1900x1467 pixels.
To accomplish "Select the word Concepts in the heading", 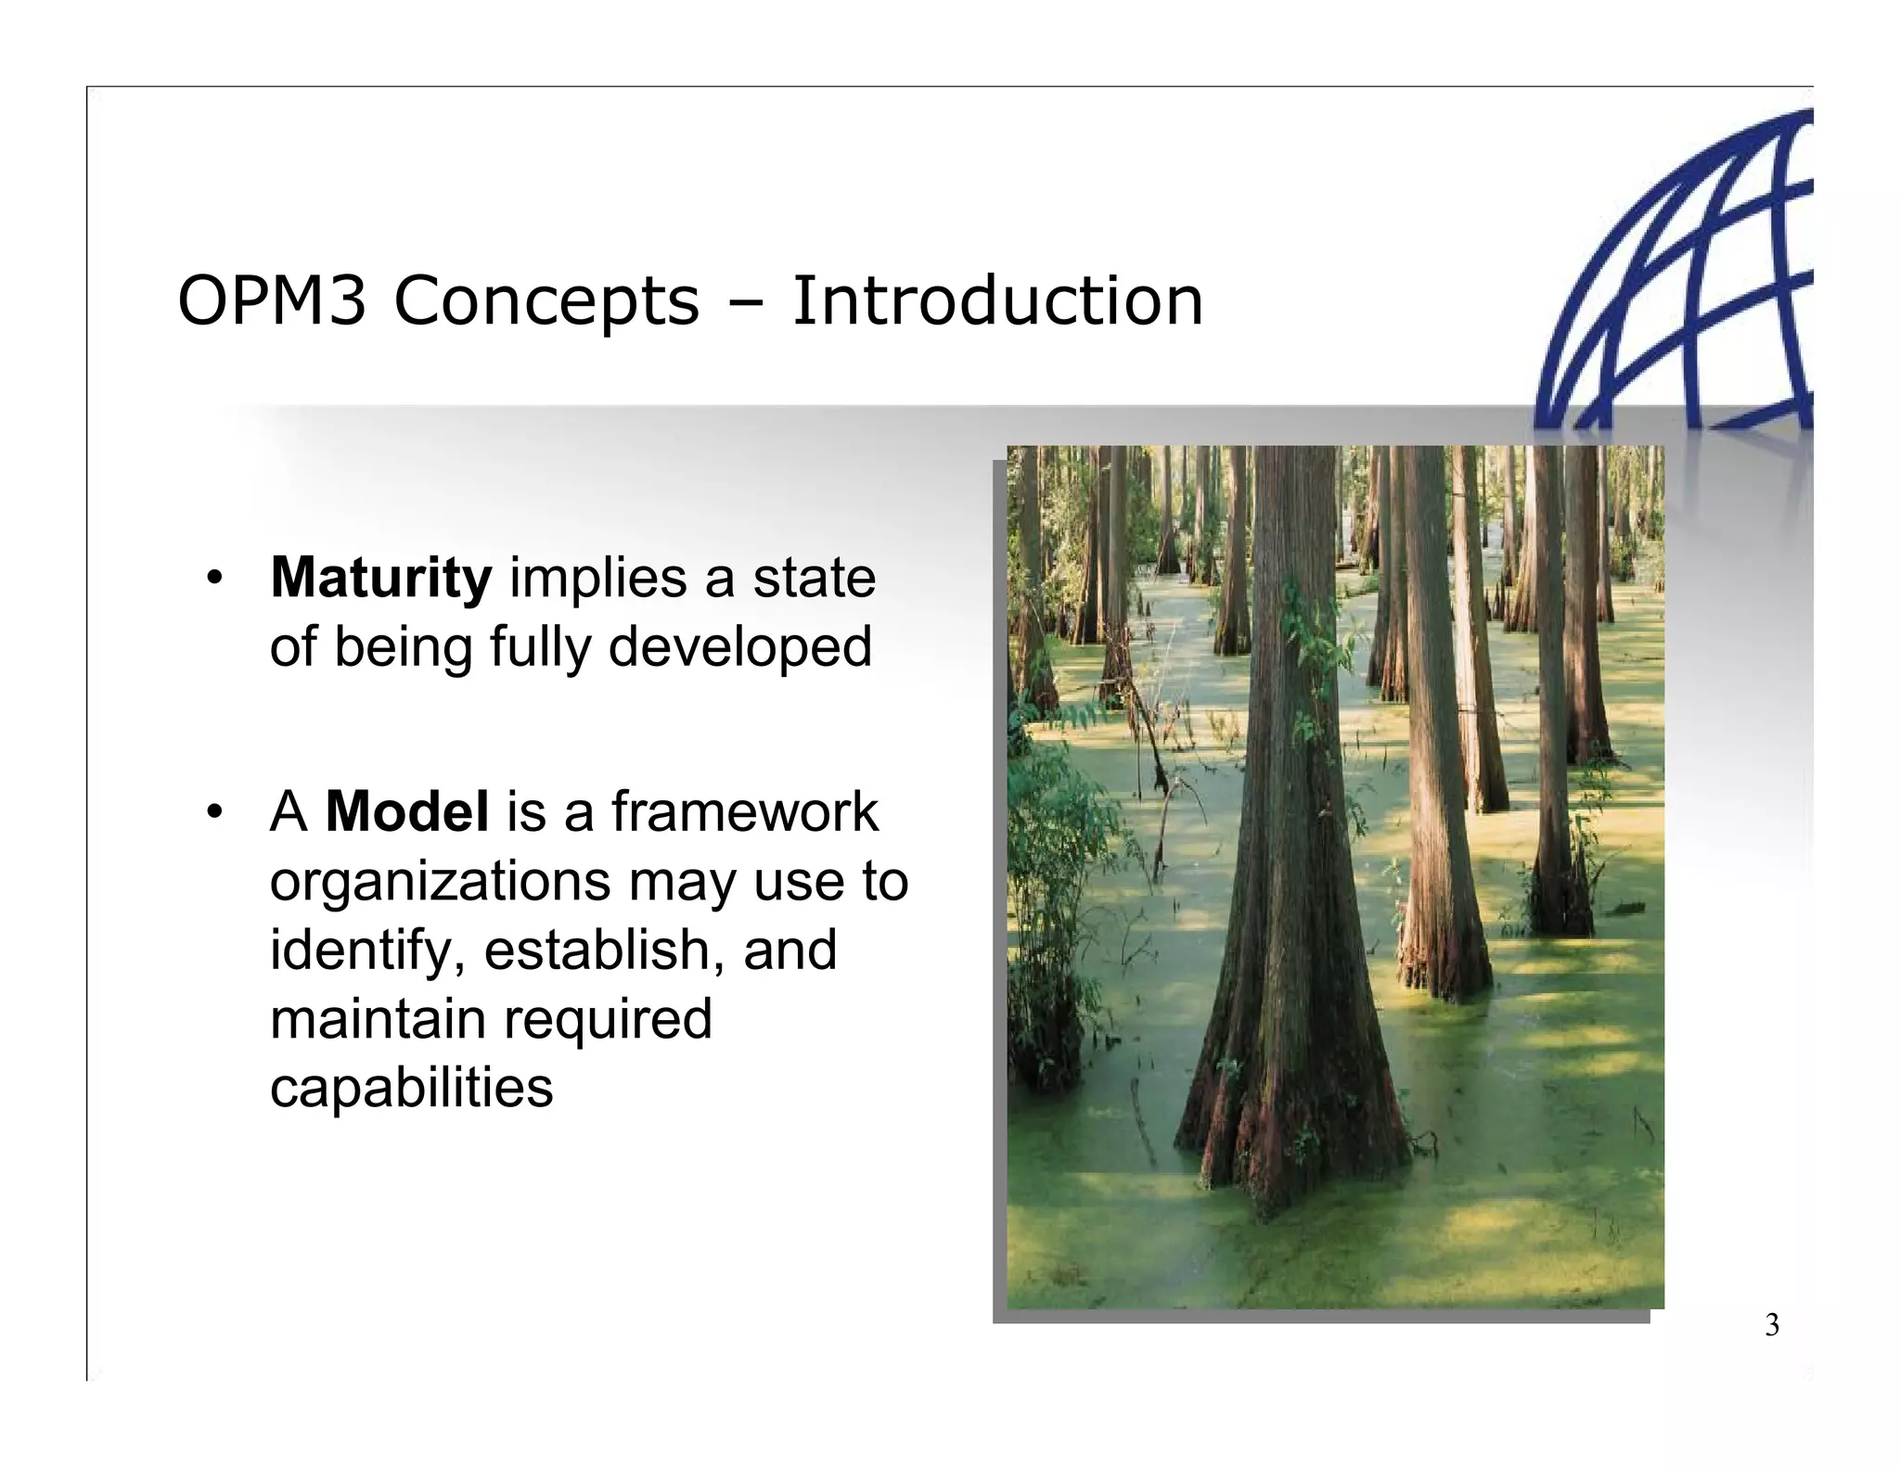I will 546,304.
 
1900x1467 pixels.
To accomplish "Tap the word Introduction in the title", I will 996,302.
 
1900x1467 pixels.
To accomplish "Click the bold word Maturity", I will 380,579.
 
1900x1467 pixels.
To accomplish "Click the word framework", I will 744,812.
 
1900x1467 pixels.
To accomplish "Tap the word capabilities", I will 411,1088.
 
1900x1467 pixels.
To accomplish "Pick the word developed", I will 739,647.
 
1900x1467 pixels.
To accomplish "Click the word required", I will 608,1018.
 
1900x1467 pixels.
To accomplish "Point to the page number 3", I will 1771,1326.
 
